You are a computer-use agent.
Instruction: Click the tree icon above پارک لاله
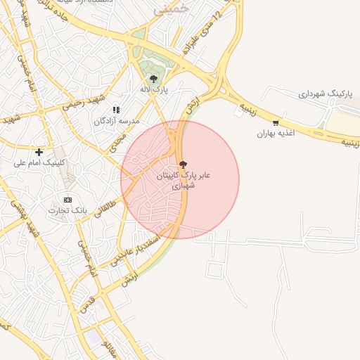[153, 79]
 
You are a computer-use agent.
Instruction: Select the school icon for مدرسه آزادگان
[116, 110]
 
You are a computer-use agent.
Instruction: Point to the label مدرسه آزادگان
[117, 121]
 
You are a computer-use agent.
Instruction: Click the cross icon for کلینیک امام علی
[39, 152]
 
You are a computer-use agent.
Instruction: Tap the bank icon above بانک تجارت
[67, 200]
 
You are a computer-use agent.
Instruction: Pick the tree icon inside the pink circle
[183, 165]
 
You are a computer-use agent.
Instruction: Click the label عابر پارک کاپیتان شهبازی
[186, 179]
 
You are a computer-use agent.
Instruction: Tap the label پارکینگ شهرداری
[323, 94]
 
